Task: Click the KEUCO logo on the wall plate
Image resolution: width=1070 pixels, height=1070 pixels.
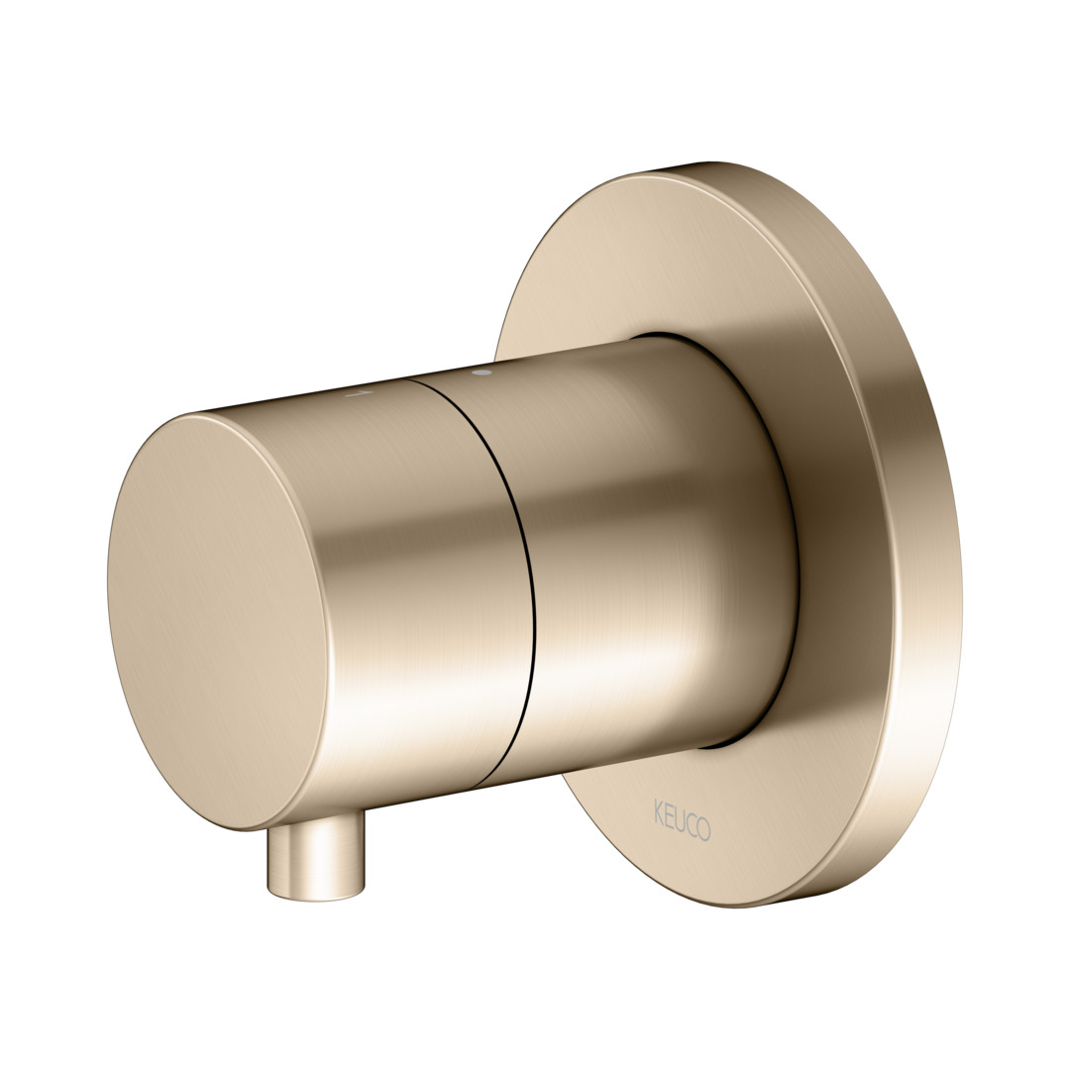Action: (x=682, y=819)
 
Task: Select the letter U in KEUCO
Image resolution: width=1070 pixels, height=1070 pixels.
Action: (x=680, y=819)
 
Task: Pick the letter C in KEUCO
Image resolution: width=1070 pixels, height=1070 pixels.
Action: (x=692, y=824)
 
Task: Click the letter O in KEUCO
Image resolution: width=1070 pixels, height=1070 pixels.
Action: (x=704, y=828)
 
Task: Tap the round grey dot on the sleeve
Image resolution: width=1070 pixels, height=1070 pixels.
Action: (x=481, y=373)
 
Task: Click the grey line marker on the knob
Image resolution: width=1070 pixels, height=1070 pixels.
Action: (x=359, y=393)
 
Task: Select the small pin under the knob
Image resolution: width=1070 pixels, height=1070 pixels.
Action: (x=317, y=859)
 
